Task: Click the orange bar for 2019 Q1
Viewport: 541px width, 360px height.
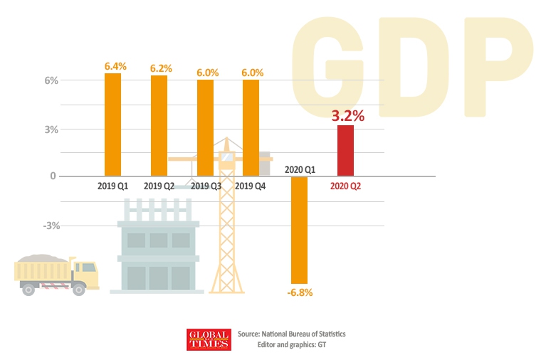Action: [x=112, y=125]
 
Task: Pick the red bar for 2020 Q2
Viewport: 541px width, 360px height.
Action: [x=345, y=151]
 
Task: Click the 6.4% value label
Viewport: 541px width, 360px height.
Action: [x=115, y=66]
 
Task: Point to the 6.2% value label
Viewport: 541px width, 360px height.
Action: [x=161, y=68]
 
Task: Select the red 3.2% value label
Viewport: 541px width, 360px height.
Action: [x=348, y=115]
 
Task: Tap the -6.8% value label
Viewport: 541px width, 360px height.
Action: [x=300, y=292]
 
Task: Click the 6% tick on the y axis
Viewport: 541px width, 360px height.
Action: [x=31, y=80]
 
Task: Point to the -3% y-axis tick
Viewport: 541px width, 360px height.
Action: [x=29, y=226]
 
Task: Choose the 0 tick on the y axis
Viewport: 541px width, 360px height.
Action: [x=33, y=176]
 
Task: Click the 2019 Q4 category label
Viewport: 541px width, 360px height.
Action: [x=251, y=186]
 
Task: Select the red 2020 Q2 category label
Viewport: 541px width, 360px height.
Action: [x=347, y=186]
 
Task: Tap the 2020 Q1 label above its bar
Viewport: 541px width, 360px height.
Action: [x=300, y=169]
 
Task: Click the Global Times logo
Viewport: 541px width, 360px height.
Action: [x=209, y=339]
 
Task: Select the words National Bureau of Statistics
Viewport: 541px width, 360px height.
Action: [x=303, y=334]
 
